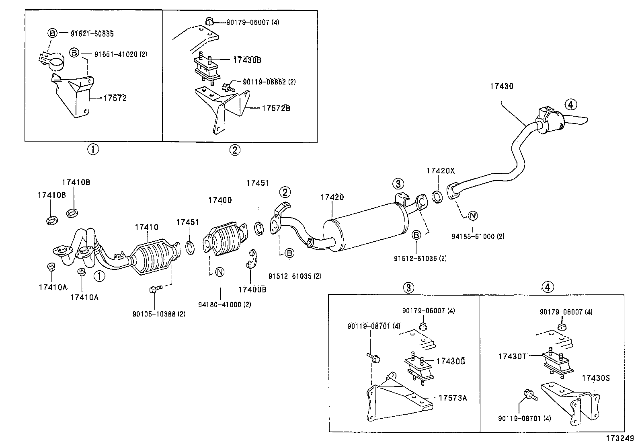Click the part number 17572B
tap(276, 108)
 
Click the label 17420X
tap(440, 171)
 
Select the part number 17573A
tap(453, 398)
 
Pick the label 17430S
tap(596, 378)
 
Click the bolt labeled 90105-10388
tap(155, 289)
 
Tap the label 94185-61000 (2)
tap(478, 236)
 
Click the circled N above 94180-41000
tap(219, 272)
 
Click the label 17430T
tap(512, 356)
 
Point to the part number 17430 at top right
tap(501, 86)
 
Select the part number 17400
tap(220, 200)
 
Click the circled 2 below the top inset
tap(235, 150)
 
